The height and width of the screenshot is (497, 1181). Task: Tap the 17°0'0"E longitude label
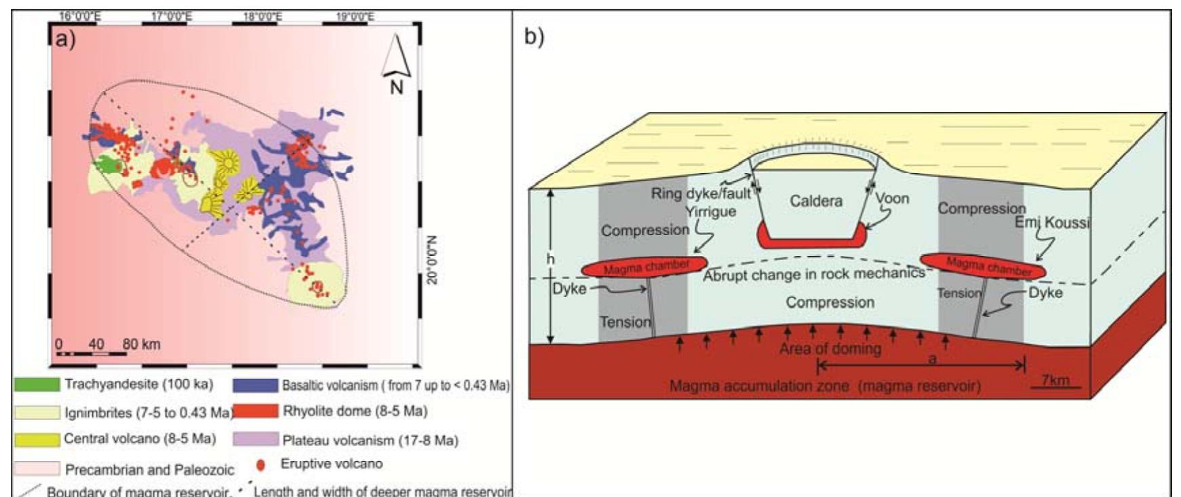(x=170, y=16)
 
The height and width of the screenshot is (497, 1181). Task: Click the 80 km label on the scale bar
(x=141, y=344)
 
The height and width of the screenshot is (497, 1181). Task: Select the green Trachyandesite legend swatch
(x=37, y=384)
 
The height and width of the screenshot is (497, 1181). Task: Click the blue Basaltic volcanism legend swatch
(x=255, y=385)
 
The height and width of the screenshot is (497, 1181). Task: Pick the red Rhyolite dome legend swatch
(x=255, y=411)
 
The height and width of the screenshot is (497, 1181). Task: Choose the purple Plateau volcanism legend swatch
(x=255, y=439)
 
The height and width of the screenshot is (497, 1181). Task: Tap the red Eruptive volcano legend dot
(x=260, y=465)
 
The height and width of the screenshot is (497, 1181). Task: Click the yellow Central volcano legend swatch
(x=37, y=439)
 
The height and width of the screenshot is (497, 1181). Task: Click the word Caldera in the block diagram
(x=815, y=201)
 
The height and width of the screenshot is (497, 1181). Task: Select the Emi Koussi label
(x=1052, y=223)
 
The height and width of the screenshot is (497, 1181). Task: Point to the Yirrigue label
(x=710, y=211)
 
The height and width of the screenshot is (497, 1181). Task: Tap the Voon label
(x=891, y=198)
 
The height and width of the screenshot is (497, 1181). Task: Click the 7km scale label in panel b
(x=1055, y=380)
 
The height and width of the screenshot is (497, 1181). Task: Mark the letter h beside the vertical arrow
(x=550, y=259)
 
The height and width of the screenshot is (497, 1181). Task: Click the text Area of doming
(x=830, y=349)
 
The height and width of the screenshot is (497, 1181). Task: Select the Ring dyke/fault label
(x=701, y=194)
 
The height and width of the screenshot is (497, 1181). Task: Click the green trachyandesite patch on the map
(x=107, y=164)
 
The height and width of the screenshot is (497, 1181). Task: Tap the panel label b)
(x=534, y=37)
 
